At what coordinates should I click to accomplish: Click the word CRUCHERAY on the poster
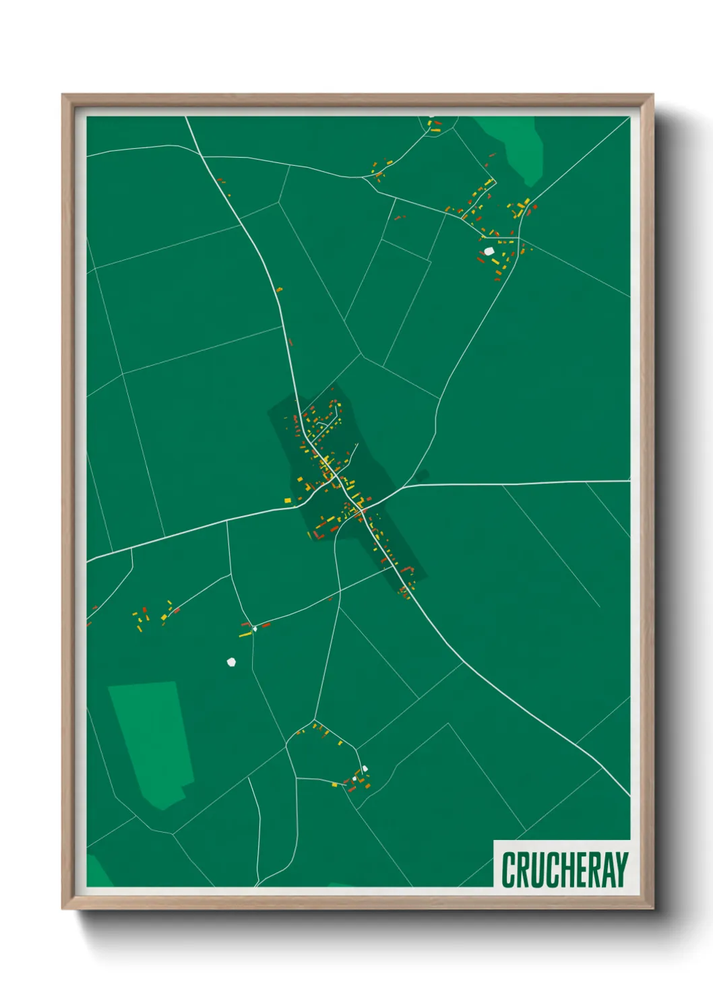point(564,870)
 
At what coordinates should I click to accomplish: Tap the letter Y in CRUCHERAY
point(621,870)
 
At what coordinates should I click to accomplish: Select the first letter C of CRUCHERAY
point(508,870)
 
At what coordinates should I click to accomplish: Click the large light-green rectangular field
point(152,741)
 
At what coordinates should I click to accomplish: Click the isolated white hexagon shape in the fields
point(232,662)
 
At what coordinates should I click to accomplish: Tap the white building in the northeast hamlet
point(489,251)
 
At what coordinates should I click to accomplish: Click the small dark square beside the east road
point(422,476)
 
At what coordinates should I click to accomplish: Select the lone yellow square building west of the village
point(288,500)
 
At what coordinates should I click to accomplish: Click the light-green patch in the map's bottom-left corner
point(98,870)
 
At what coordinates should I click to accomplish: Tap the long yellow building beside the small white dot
point(245,634)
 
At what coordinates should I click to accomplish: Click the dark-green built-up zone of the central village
point(391,539)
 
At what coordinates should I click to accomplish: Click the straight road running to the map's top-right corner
point(580,162)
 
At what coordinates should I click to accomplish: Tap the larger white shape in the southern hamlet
point(365,769)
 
